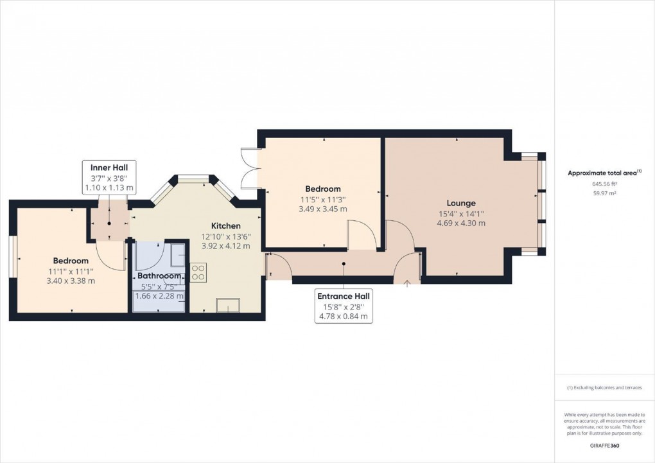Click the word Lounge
point(461,204)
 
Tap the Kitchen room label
point(226,226)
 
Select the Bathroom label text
point(160,275)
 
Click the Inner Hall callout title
point(109,168)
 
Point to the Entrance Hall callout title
point(344,296)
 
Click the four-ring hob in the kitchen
point(198,272)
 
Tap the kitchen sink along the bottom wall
point(227,305)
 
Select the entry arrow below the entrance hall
point(407,283)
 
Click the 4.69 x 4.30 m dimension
point(461,223)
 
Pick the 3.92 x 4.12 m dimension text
point(226,245)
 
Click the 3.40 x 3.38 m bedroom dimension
point(71,281)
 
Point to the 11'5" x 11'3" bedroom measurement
point(323,199)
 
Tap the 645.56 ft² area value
point(604,184)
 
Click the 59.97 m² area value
point(604,193)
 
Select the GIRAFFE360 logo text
point(604,445)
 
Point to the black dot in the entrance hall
point(344,263)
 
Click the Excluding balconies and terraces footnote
point(604,388)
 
